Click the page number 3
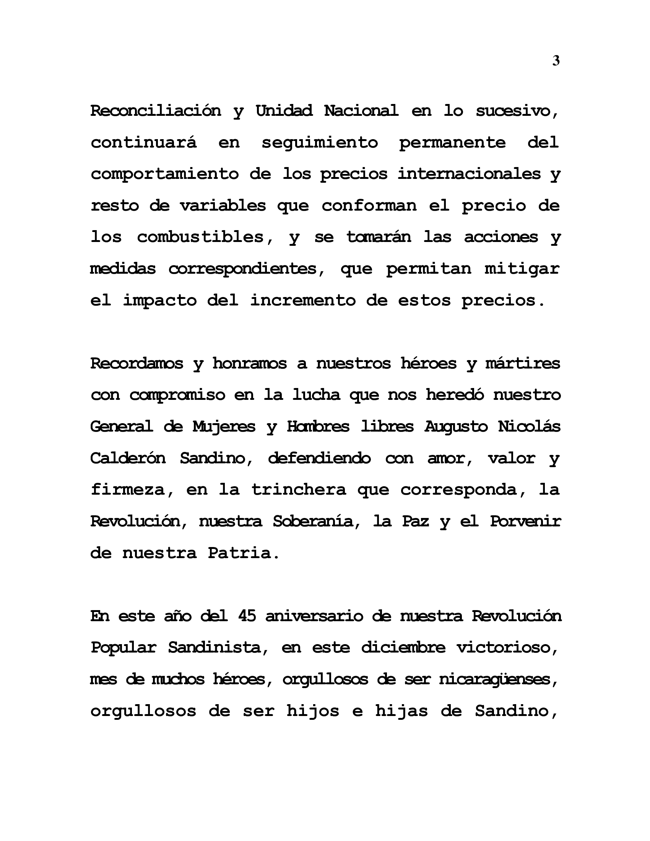click(556, 61)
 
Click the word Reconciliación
click(156, 111)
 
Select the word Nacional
click(361, 111)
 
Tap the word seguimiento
click(320, 143)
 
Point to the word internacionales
click(469, 174)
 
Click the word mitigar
click(522, 269)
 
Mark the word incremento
click(303, 300)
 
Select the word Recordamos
click(137, 364)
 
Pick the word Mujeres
click(224, 427)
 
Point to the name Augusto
click(456, 427)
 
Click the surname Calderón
click(128, 458)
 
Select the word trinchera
click(299, 490)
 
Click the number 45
click(247, 616)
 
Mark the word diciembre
click(403, 648)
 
